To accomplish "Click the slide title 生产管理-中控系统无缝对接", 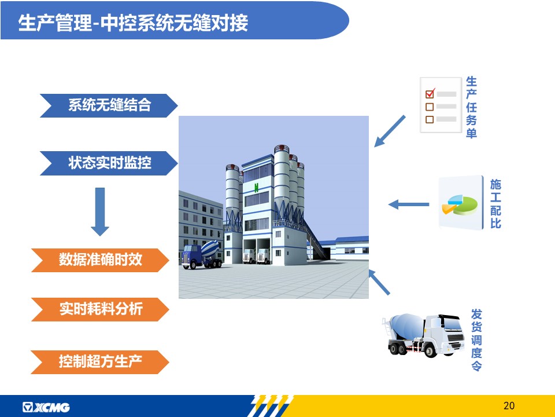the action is (x=133, y=23).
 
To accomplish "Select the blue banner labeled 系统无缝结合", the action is (x=109, y=105).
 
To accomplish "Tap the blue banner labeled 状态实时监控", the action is (x=109, y=163).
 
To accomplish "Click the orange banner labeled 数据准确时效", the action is (x=100, y=260).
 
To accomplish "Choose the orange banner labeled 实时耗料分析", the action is (x=100, y=309).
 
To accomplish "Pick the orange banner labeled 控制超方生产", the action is (x=100, y=361).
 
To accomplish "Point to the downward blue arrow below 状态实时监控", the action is (x=100, y=212).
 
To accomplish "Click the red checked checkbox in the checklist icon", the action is (x=430, y=94).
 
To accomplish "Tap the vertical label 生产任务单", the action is (x=471, y=107).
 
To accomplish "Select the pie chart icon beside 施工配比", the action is (x=460, y=205).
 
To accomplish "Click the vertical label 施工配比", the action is (x=495, y=204).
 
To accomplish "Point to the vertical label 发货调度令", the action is (x=476, y=340).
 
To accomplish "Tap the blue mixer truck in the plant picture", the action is (x=202, y=254).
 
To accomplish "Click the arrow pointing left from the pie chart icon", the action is (x=409, y=204).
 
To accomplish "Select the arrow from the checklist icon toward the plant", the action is (x=390, y=131).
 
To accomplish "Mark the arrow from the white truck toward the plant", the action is (x=379, y=282).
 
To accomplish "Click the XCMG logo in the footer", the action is (x=46, y=407).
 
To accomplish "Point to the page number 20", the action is (x=509, y=405).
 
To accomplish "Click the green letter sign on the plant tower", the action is (x=256, y=188).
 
